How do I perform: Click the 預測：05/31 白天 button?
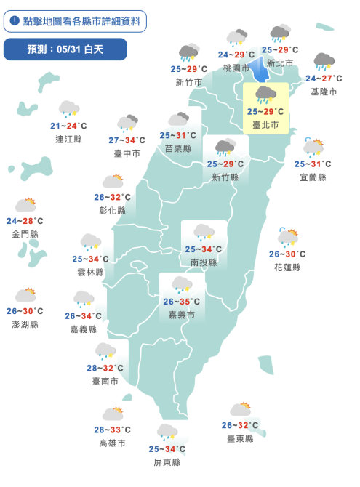tap(65, 49)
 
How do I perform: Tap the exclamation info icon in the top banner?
tap(15, 20)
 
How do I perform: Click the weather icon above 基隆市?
tap(324, 62)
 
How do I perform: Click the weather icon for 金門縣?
tap(25, 206)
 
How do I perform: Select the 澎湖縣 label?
tap(25, 324)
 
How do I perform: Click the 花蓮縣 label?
tap(287, 267)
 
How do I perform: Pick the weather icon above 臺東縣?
tap(240, 410)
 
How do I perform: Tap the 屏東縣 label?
tap(167, 462)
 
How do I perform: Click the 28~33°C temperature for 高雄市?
tap(112, 430)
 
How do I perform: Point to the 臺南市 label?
tap(105, 381)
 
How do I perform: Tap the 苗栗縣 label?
tap(178, 148)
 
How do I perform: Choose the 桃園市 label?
tap(236, 68)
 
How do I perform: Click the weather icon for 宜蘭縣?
tap(313, 148)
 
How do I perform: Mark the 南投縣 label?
tap(203, 262)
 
